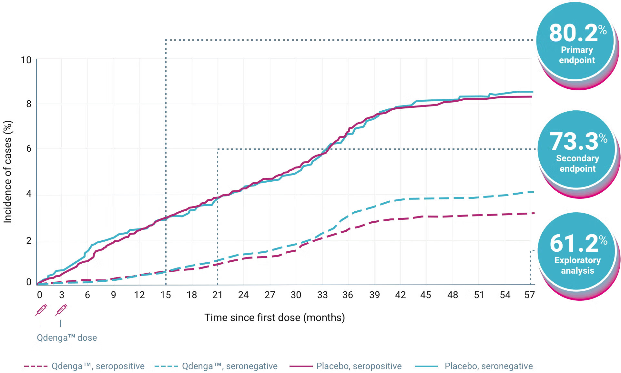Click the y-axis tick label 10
coord(26,60)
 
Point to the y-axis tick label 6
coord(29,148)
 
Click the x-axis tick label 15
coord(166,295)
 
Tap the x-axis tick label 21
coord(218,295)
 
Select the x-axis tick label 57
coord(529,295)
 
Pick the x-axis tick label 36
coord(348,295)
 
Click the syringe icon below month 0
coord(41,310)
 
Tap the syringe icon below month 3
coord(61,310)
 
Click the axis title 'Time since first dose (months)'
coord(274,318)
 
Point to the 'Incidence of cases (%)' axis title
coord(8,172)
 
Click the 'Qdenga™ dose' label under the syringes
coord(67,338)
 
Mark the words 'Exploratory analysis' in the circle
coord(577,265)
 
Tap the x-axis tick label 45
coord(426,295)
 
